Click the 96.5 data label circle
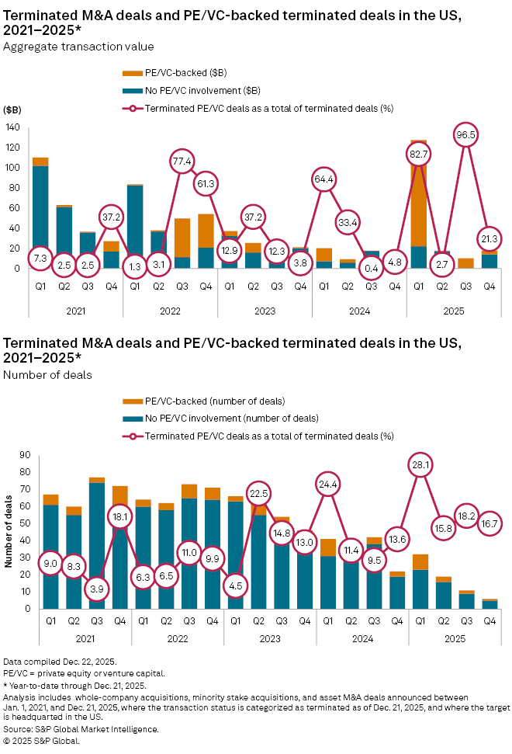[466, 134]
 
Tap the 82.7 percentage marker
[419, 155]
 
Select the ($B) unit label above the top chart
[12, 109]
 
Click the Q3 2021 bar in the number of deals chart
[98, 544]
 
